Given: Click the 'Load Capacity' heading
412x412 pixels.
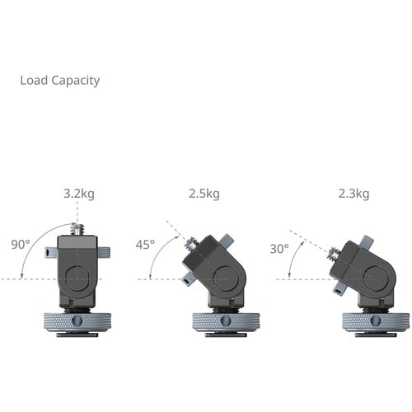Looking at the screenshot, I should (x=59, y=81).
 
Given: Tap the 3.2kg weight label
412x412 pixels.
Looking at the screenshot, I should (x=78, y=194).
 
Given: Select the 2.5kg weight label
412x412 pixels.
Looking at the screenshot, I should (x=204, y=194).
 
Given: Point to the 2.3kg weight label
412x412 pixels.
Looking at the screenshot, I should (x=353, y=194).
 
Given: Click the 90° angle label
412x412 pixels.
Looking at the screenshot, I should (x=21, y=245).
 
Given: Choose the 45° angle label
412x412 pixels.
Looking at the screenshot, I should (x=146, y=245).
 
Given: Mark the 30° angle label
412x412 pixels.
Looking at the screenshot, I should (x=280, y=248).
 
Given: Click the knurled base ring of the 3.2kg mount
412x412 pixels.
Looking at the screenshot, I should (x=77, y=321).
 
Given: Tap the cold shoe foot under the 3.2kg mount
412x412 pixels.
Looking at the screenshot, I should (x=77, y=334).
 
